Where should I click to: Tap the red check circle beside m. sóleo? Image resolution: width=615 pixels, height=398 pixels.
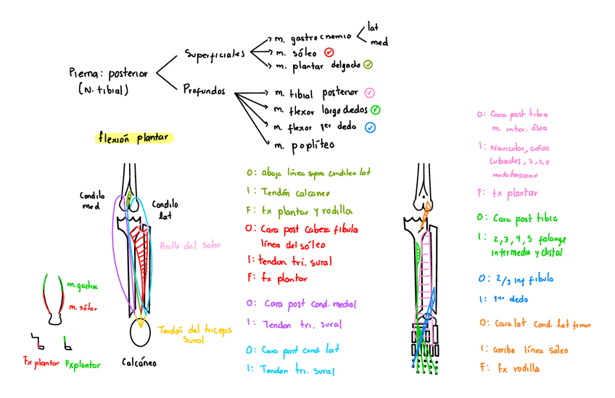tap(329, 52)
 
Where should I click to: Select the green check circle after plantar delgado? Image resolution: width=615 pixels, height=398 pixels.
tap(368, 65)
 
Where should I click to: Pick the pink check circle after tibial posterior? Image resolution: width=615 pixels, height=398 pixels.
tap(369, 92)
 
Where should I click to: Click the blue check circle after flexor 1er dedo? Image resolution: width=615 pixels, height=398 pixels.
tap(371, 127)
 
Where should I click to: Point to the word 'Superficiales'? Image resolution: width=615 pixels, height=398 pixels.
tap(215, 54)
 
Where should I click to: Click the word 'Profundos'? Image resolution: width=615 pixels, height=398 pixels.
tap(204, 92)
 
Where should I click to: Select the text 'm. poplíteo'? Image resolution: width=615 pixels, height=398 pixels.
tap(303, 144)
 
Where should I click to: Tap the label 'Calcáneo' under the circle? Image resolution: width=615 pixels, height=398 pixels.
tap(139, 361)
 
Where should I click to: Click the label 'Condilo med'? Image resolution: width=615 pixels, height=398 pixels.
tap(92, 200)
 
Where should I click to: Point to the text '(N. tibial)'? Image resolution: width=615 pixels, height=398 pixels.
tap(103, 90)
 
